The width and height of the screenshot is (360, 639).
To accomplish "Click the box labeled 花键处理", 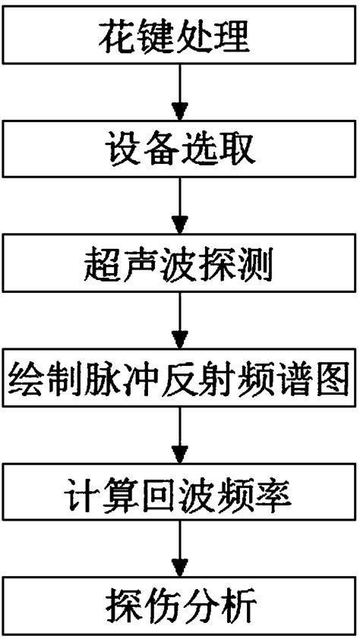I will (x=180, y=36).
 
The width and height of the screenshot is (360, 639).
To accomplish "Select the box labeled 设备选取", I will (x=180, y=150).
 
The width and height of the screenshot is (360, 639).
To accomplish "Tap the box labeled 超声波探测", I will (x=180, y=263).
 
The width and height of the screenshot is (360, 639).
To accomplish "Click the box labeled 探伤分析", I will (x=180, y=607).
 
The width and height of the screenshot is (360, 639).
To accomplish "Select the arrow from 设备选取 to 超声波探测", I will (x=180, y=206).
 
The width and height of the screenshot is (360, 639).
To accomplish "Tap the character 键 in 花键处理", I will (x=159, y=36).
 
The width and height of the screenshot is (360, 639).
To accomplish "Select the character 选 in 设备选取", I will (x=201, y=150).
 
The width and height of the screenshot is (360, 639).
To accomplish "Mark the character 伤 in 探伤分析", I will (x=159, y=607).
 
